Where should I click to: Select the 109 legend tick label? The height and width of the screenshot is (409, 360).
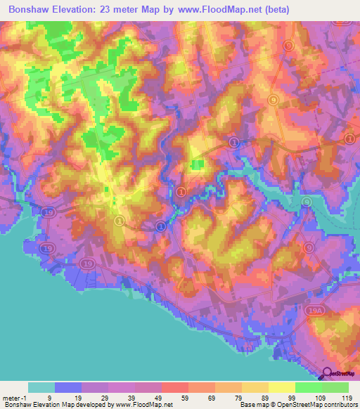[320, 397]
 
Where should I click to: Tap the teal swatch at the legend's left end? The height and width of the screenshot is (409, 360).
[41, 387]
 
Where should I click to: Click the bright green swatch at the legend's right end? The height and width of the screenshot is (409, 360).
[335, 387]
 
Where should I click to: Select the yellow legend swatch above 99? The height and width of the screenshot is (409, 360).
[282, 387]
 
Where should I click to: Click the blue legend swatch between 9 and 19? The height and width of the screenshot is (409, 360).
[68, 387]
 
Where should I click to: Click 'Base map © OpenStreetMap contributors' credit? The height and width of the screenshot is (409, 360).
[297, 405]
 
